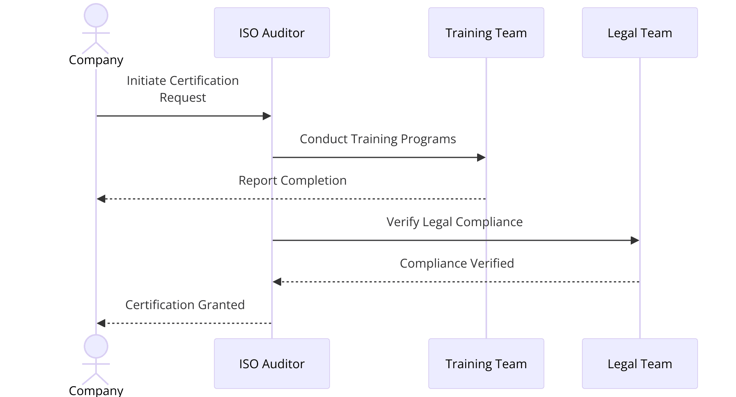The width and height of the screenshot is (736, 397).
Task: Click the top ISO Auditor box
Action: pyautogui.click(x=272, y=33)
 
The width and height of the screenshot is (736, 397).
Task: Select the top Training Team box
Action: pyautogui.click(x=486, y=33)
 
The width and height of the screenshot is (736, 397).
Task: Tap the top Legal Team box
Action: pyautogui.click(x=640, y=33)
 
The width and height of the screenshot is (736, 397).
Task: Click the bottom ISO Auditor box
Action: pyautogui.click(x=272, y=364)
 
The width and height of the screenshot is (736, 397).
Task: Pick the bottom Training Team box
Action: pyautogui.click(x=486, y=364)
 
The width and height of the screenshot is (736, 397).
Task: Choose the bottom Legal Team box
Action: pyautogui.click(x=640, y=364)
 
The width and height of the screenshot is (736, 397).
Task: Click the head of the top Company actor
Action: pyautogui.click(x=96, y=15)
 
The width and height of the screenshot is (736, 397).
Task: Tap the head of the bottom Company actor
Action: pyautogui.click(x=96, y=346)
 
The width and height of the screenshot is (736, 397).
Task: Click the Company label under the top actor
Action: pyautogui.click(x=96, y=60)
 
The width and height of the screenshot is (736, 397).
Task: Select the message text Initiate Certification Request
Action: pyautogui.click(x=183, y=89)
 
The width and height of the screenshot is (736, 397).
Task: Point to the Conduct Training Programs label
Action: pyautogui.click(x=378, y=139)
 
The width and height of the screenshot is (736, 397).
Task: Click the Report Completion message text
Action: pyautogui.click(x=292, y=180)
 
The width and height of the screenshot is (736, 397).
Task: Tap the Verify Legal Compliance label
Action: pyautogui.click(x=454, y=222)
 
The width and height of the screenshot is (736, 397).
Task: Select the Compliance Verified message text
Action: pyautogui.click(x=457, y=263)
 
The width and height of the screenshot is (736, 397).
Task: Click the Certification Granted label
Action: pyautogui.click(x=185, y=305)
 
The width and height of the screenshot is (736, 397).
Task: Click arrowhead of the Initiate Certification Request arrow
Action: pyautogui.click(x=267, y=116)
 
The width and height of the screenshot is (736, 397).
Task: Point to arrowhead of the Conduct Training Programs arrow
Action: pyautogui.click(x=481, y=157)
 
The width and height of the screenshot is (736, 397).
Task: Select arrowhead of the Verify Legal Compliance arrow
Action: pyautogui.click(x=635, y=240)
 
